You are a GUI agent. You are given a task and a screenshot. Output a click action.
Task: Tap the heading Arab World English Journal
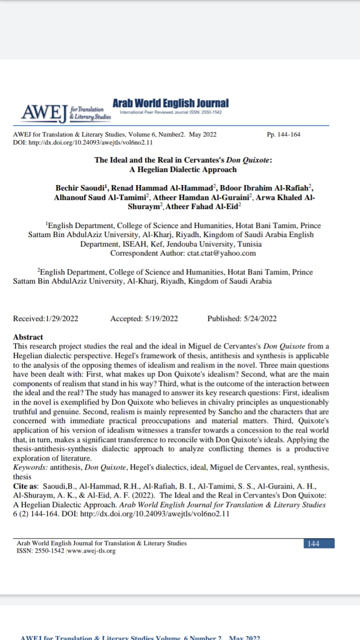coord(170,103)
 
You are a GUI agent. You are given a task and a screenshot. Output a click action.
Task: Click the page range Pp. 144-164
coord(284,135)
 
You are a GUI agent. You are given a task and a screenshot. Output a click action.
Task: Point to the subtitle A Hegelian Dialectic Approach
coord(183,169)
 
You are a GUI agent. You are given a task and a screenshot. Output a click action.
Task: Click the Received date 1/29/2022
coord(61,318)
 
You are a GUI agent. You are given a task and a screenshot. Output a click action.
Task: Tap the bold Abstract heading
coord(28,337)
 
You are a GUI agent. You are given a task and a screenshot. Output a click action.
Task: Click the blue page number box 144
coord(313,543)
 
